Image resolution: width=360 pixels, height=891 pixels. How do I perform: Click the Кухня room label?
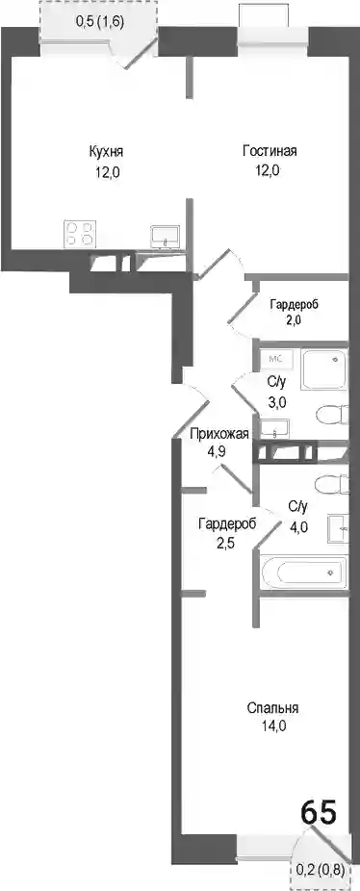[106, 152]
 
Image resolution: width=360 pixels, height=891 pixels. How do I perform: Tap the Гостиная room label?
[270, 151]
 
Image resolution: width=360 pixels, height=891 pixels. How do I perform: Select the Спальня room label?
[273, 708]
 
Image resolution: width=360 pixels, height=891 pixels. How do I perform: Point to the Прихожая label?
[219, 435]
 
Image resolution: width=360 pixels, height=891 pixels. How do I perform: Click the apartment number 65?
[319, 811]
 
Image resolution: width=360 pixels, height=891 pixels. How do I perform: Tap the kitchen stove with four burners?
[80, 233]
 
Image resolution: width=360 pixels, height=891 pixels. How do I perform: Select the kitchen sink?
[165, 235]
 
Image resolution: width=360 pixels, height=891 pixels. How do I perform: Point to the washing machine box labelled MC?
[275, 359]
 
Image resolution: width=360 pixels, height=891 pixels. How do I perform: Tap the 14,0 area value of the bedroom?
[273, 726]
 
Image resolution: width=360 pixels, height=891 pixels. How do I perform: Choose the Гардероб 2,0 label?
[294, 312]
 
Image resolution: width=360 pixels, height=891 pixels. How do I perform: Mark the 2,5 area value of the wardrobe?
[227, 542]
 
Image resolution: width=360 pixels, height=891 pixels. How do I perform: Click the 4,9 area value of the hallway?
[219, 454]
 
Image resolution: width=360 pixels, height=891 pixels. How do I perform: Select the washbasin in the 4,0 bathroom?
[338, 528]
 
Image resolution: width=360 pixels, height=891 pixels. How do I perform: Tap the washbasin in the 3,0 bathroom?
[275, 429]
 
